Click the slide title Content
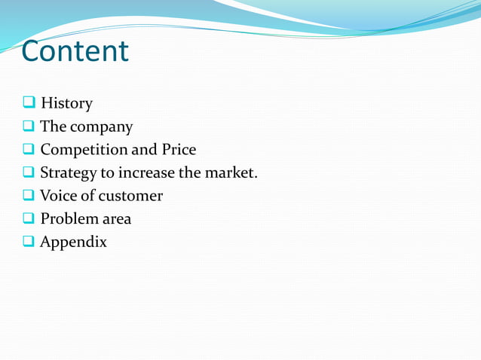75,51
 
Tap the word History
66,103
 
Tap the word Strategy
69,173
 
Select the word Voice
60,196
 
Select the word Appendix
73,243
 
